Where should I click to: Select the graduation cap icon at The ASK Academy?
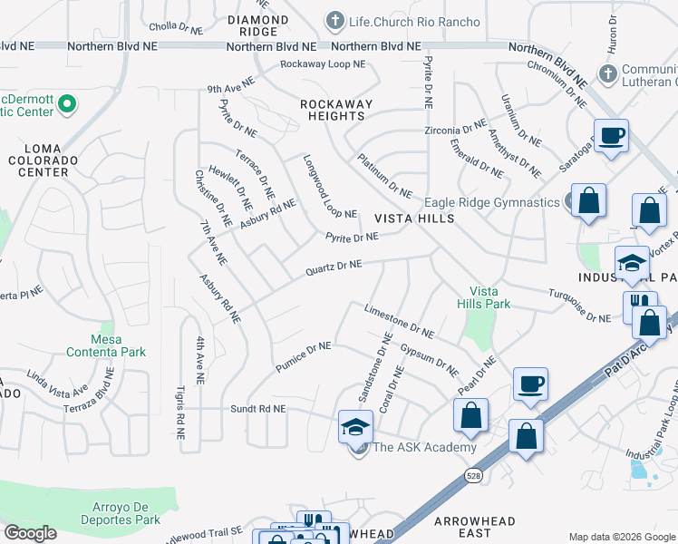[x=355, y=426]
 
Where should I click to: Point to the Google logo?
[x=30, y=533]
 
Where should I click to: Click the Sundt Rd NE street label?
[x=259, y=409]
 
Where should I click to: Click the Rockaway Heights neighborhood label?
[x=337, y=110]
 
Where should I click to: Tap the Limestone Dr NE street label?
[x=399, y=320]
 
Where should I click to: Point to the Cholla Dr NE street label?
[x=176, y=26]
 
